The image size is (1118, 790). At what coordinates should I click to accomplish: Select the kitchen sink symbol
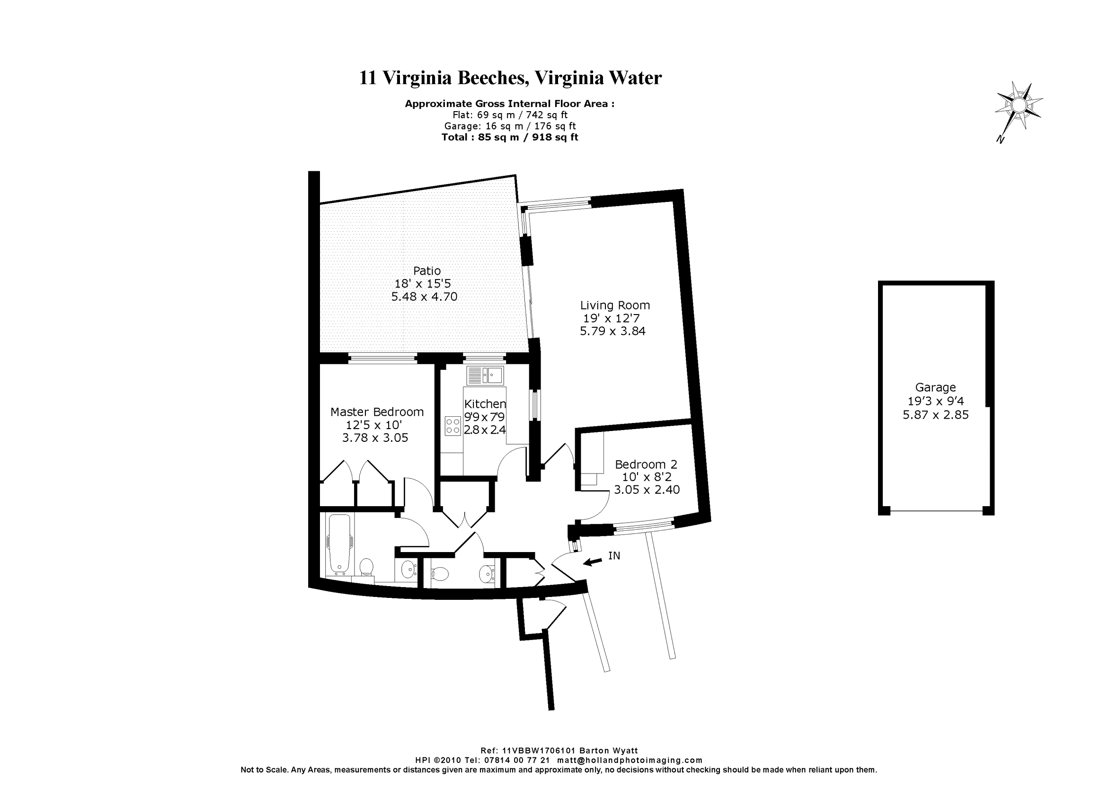485,375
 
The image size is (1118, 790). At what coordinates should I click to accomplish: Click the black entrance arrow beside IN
593,562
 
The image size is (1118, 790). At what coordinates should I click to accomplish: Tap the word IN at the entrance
614,555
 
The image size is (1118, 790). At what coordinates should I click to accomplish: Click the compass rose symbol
1018,105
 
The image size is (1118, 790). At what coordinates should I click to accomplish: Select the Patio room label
427,271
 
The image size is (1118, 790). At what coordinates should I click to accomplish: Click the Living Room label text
615,305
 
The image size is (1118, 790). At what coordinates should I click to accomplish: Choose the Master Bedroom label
377,412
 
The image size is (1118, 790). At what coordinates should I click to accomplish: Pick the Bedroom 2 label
646,465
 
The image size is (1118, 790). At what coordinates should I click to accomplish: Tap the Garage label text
935,387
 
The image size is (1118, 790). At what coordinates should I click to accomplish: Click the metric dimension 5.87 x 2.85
935,415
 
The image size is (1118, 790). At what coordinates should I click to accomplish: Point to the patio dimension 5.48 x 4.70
424,297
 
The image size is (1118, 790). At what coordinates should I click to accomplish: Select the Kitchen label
485,404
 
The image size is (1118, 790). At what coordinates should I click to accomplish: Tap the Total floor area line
510,137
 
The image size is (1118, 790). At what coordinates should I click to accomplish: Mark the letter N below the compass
1001,139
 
